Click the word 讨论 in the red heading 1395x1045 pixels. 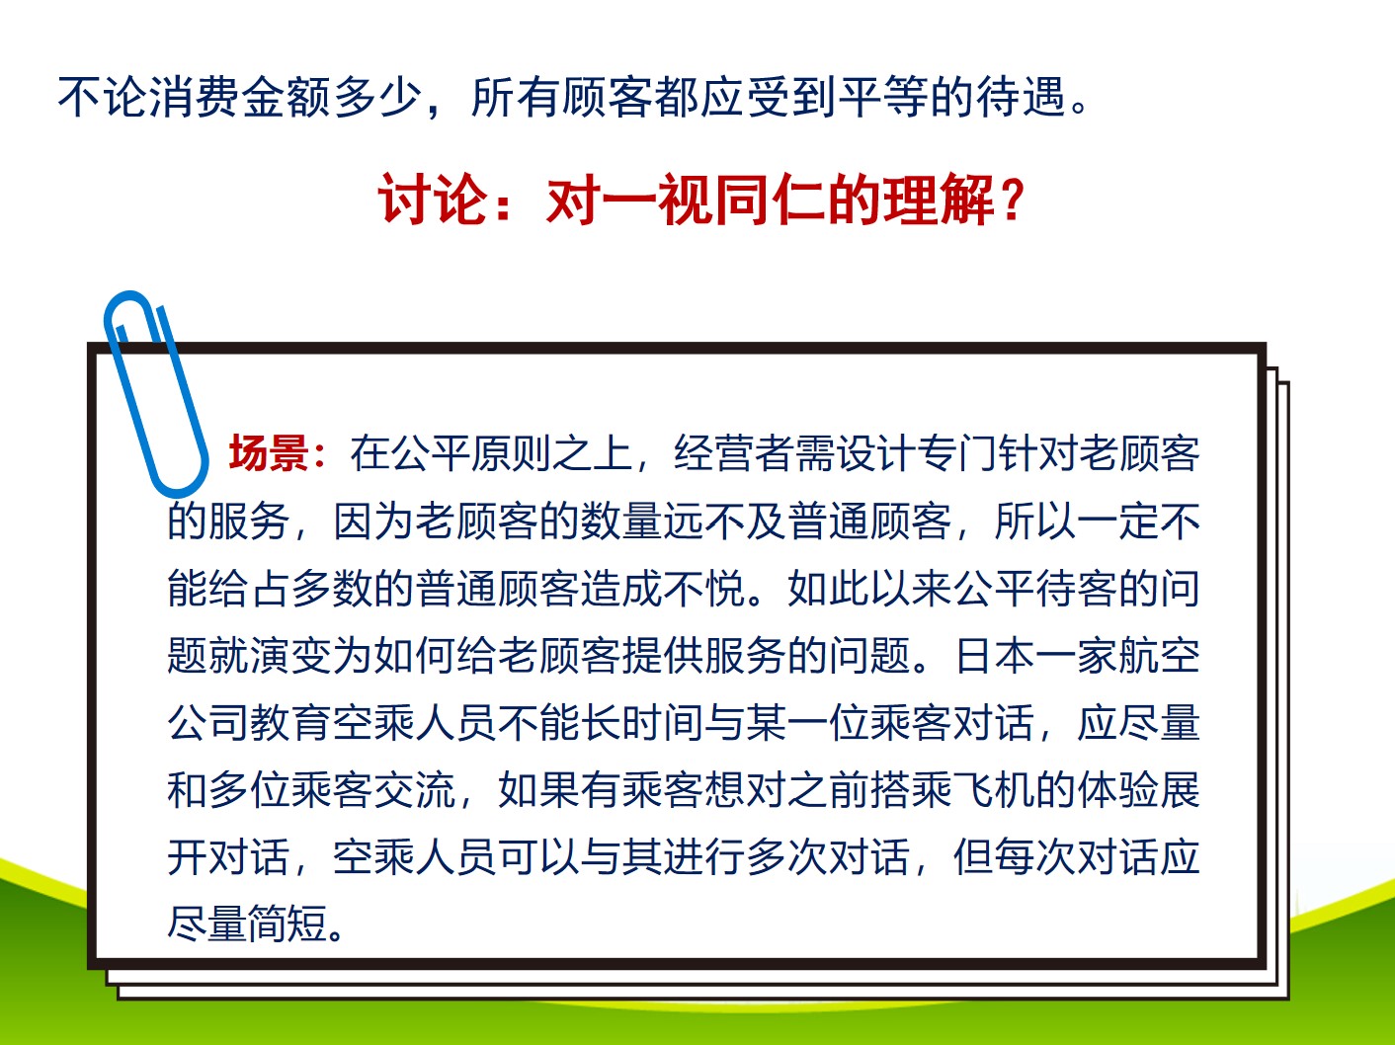tap(433, 200)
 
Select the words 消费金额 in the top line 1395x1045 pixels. tap(240, 97)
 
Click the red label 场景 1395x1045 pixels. tap(269, 453)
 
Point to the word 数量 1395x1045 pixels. tap(620, 522)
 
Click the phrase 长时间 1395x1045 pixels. tap(642, 723)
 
